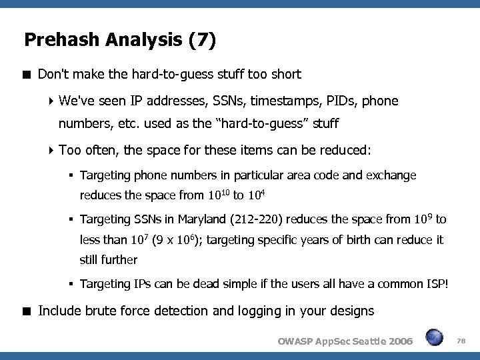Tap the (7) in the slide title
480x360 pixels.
pos(202,41)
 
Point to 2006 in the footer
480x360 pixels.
pos(397,341)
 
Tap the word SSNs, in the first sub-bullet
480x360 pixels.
pos(227,101)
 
